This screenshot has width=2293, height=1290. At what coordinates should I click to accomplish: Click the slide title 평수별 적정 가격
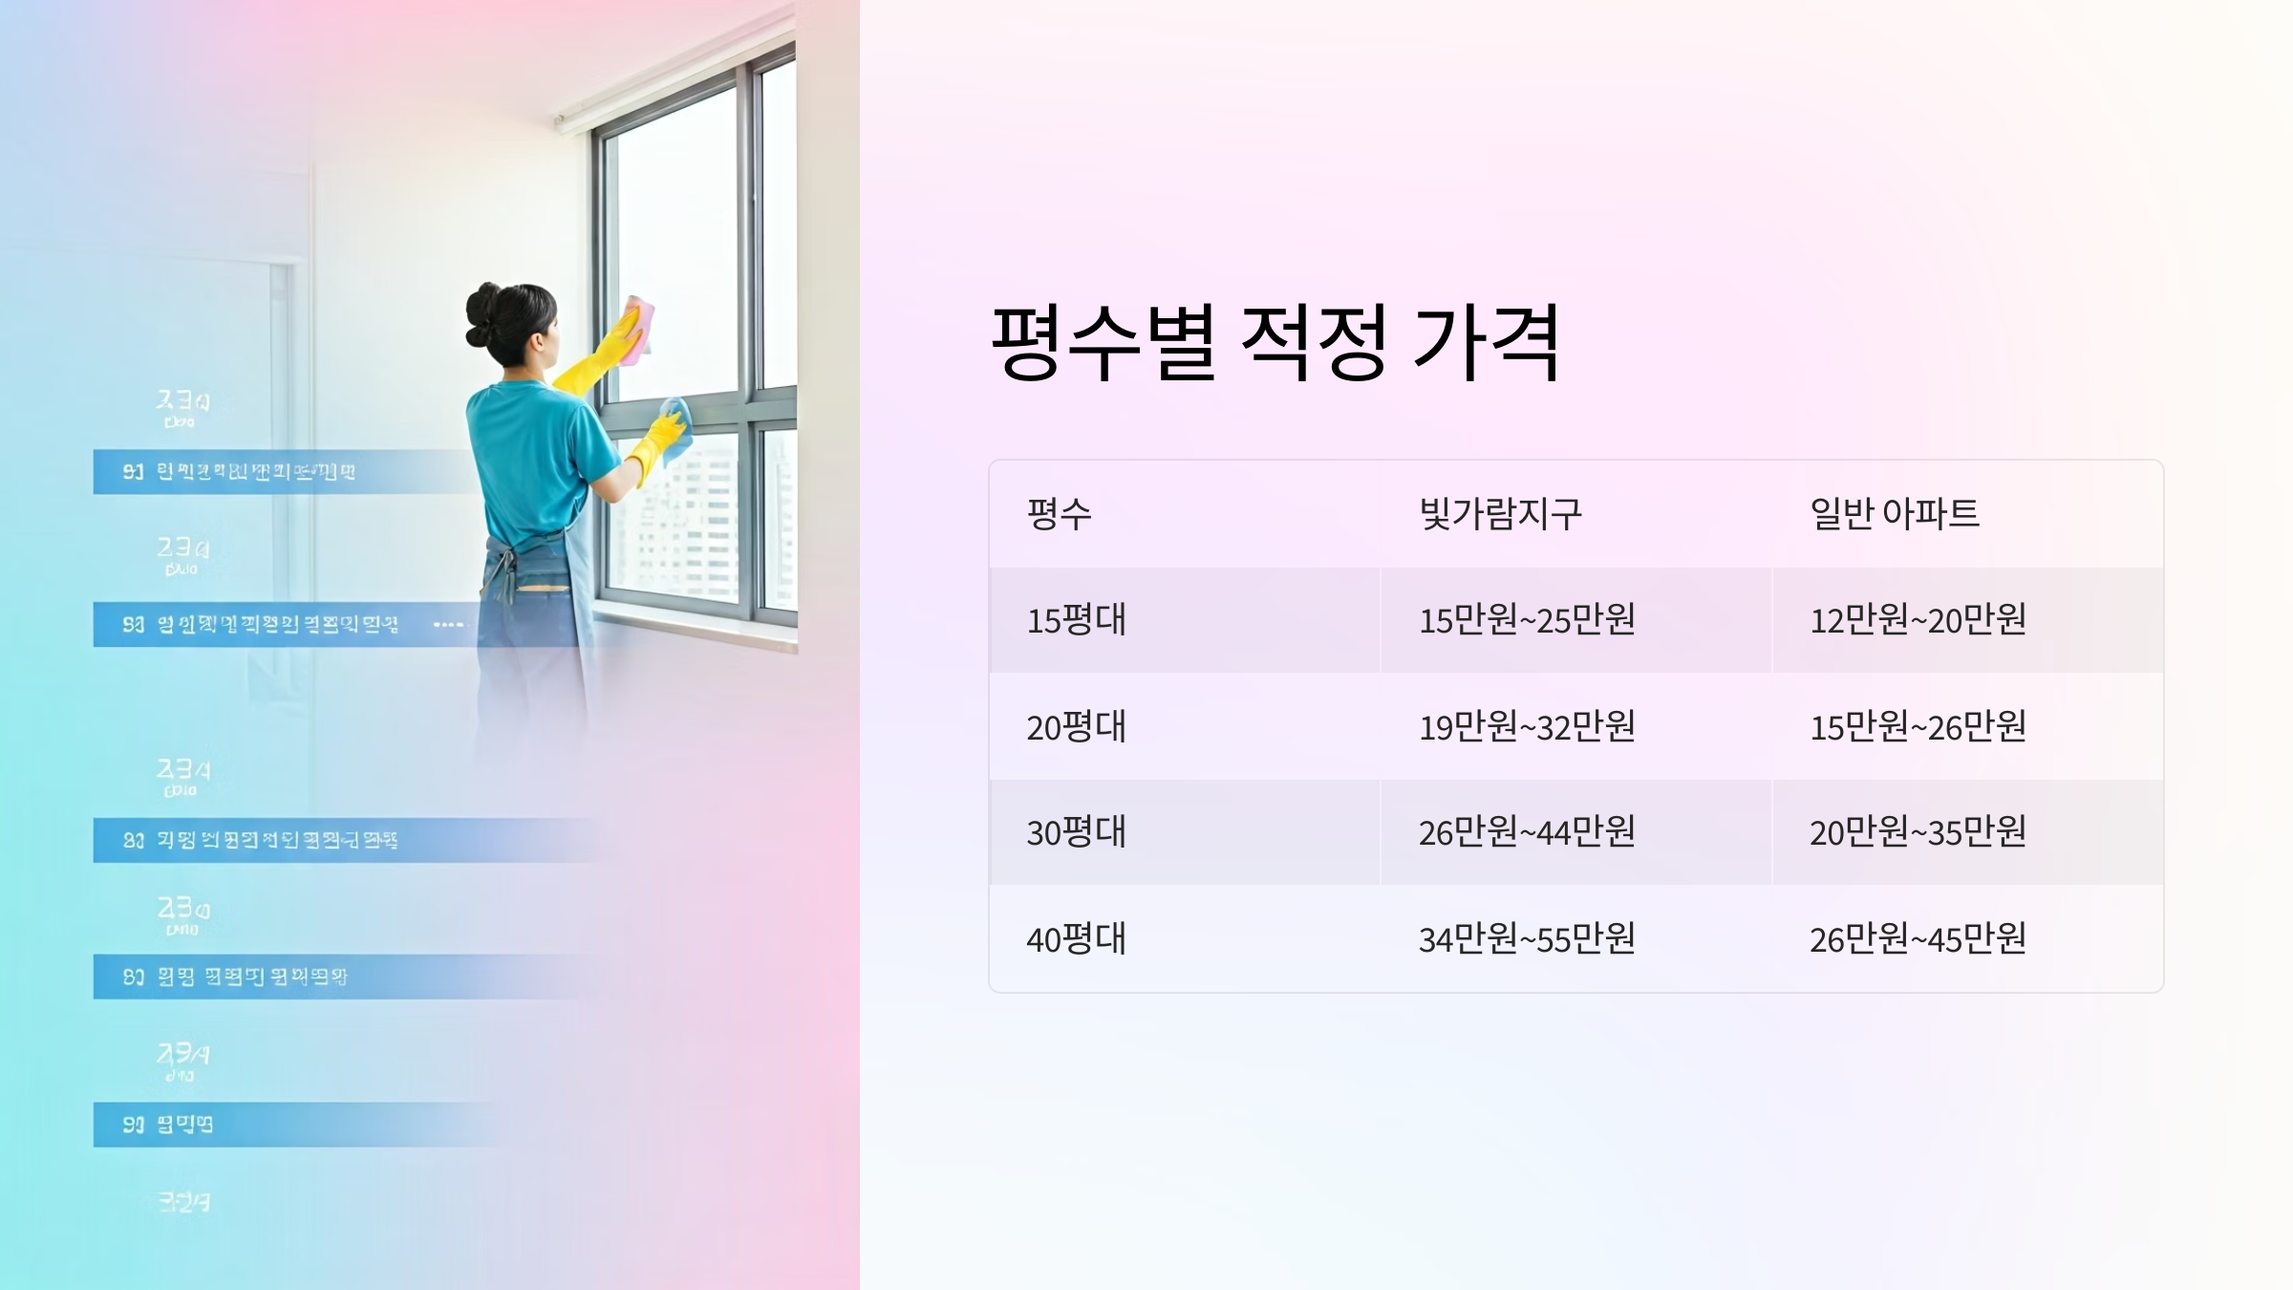[1275, 342]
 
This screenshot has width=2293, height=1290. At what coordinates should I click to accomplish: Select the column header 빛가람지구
[1500, 514]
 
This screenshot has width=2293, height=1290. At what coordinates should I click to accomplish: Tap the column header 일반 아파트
[1894, 514]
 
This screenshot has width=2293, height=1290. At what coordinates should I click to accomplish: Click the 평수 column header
[1059, 514]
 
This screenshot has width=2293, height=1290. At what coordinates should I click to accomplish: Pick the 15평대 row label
[1076, 620]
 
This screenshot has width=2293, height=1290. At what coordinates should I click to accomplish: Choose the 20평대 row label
[1076, 727]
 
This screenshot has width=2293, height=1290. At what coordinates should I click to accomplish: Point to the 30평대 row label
[1076, 832]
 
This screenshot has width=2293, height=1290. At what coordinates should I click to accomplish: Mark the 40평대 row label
[1076, 939]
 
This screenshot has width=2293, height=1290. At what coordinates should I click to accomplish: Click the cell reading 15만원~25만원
[1527, 620]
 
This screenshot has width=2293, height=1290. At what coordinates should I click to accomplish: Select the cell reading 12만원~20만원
[1918, 620]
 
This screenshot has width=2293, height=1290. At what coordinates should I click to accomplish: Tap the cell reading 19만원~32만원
[1527, 727]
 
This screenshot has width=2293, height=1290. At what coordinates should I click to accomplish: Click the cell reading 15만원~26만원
[1918, 727]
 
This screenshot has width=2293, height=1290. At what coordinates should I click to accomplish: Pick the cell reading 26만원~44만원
[1527, 832]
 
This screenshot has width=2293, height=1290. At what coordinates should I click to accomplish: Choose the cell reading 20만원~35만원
[1918, 832]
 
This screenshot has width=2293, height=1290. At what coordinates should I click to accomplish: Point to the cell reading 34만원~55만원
[1527, 939]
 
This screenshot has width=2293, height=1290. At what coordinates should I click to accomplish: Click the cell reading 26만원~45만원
[1918, 939]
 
